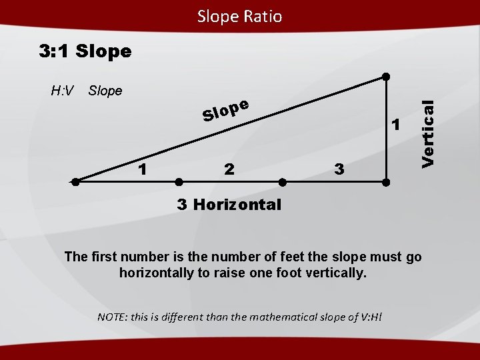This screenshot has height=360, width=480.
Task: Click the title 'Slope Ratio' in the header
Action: (239, 16)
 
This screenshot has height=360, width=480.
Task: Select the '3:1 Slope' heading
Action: (85, 51)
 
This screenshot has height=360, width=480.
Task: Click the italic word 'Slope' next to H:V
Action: (105, 91)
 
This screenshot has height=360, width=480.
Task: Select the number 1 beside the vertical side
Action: (396, 125)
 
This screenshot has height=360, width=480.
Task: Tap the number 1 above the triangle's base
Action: (142, 169)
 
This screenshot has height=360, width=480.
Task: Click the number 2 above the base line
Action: (229, 169)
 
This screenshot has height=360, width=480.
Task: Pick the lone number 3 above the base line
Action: (339, 169)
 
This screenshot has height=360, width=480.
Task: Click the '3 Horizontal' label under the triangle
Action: (229, 204)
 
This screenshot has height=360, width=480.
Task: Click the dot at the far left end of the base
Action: (76, 181)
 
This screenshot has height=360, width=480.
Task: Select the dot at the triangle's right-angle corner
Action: (385, 181)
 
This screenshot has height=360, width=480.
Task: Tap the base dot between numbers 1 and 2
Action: (179, 181)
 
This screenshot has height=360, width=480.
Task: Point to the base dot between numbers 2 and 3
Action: (282, 181)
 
